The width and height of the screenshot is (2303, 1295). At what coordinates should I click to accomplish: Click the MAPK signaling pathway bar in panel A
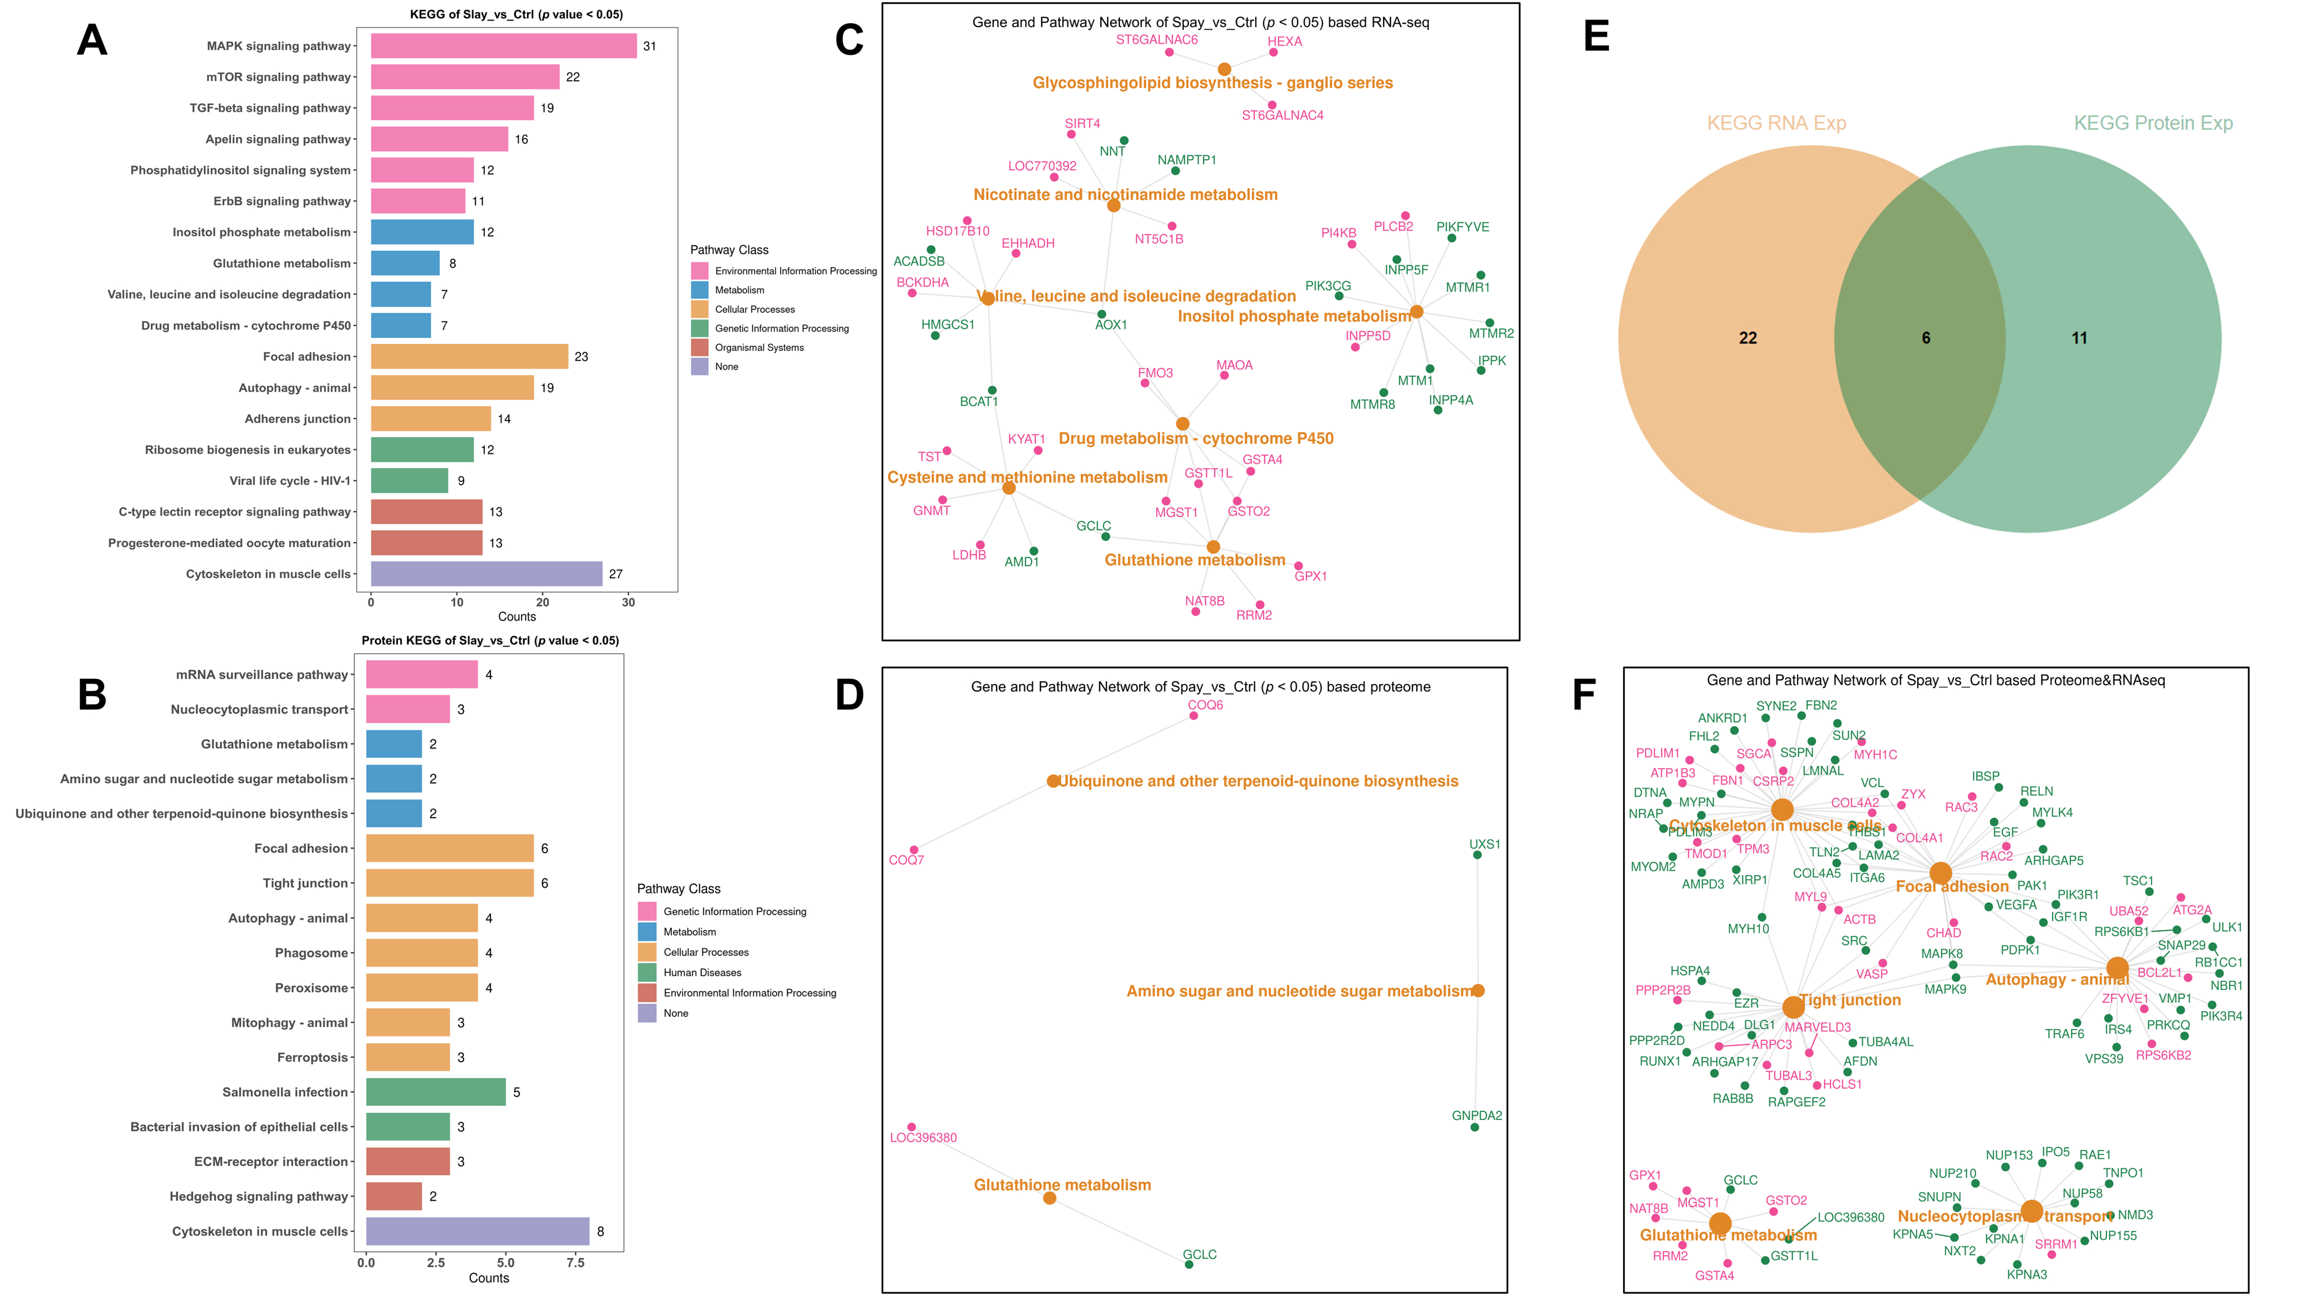point(503,45)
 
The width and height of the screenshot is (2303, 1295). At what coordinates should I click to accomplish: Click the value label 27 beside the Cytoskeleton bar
point(616,574)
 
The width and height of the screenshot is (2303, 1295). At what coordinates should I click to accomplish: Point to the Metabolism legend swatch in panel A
point(699,290)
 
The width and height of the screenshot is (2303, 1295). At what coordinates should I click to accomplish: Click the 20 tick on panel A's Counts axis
point(543,602)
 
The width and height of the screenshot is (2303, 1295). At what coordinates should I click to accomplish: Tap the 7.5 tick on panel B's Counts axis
point(576,1263)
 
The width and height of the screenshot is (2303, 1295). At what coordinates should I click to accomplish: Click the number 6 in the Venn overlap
point(1926,338)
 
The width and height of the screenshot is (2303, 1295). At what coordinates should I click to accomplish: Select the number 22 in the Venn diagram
point(1748,338)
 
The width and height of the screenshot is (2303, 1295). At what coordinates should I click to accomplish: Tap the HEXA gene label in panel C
point(1285,41)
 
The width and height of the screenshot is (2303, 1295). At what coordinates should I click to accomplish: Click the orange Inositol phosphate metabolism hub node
point(1416,312)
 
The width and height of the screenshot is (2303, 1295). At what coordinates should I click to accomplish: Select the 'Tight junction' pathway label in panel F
point(1850,1000)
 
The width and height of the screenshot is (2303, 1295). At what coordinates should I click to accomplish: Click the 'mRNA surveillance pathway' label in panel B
point(262,675)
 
